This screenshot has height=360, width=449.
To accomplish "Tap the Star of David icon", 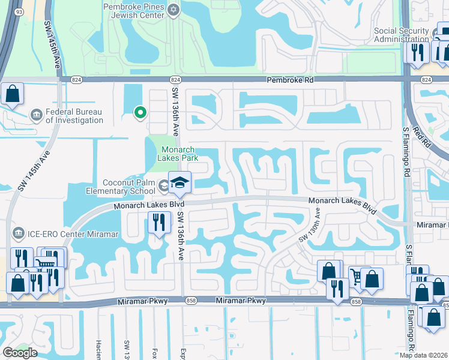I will (x=174, y=9).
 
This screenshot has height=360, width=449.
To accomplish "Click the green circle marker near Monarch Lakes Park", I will (x=140, y=112).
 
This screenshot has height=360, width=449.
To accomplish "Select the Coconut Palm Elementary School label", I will (x=121, y=187).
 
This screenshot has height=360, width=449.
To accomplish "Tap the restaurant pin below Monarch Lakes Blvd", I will (x=158, y=223).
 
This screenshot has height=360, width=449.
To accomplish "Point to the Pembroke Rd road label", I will (x=291, y=80).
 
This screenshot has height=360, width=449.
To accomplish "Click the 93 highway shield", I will (x=19, y=12).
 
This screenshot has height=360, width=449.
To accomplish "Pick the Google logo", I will (x=20, y=352).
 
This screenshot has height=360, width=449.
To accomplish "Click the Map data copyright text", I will (x=424, y=355).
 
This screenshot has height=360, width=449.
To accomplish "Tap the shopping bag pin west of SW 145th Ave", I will (x=11, y=94).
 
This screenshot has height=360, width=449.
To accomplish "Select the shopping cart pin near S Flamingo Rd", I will (x=359, y=277).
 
